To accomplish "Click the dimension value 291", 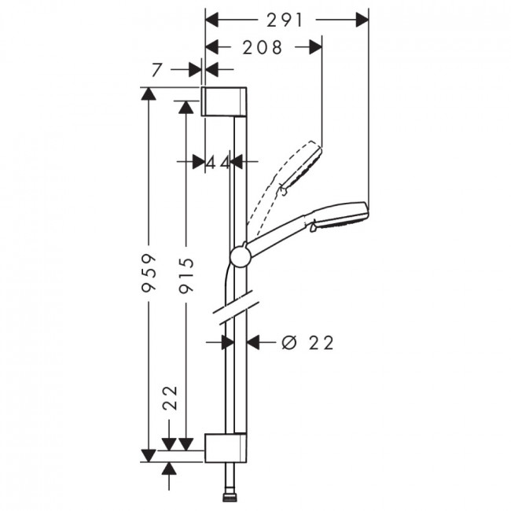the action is pyautogui.click(x=285, y=20).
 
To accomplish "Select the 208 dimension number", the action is pyautogui.click(x=263, y=48).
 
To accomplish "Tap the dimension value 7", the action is pyautogui.click(x=156, y=70).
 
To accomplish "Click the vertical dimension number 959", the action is pyautogui.click(x=149, y=273).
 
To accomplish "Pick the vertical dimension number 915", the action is pyautogui.click(x=187, y=274).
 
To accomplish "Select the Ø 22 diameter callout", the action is pyautogui.click(x=308, y=343).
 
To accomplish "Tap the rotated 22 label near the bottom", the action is pyautogui.click(x=170, y=398).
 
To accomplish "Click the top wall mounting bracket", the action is pyautogui.click(x=224, y=101).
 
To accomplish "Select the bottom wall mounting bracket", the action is pyautogui.click(x=226, y=448).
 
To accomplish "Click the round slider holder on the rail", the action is pyautogui.click(x=241, y=257).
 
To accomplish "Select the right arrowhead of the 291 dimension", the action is pyautogui.click(x=362, y=20).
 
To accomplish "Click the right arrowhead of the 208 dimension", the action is pyautogui.click(x=315, y=47).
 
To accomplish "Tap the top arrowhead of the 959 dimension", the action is pyautogui.click(x=149, y=94).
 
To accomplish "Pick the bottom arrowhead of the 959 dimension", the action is pyautogui.click(x=149, y=456).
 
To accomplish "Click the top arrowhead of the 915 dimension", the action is pyautogui.click(x=186, y=107).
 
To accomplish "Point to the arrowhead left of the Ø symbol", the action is pyautogui.click(x=253, y=343).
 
